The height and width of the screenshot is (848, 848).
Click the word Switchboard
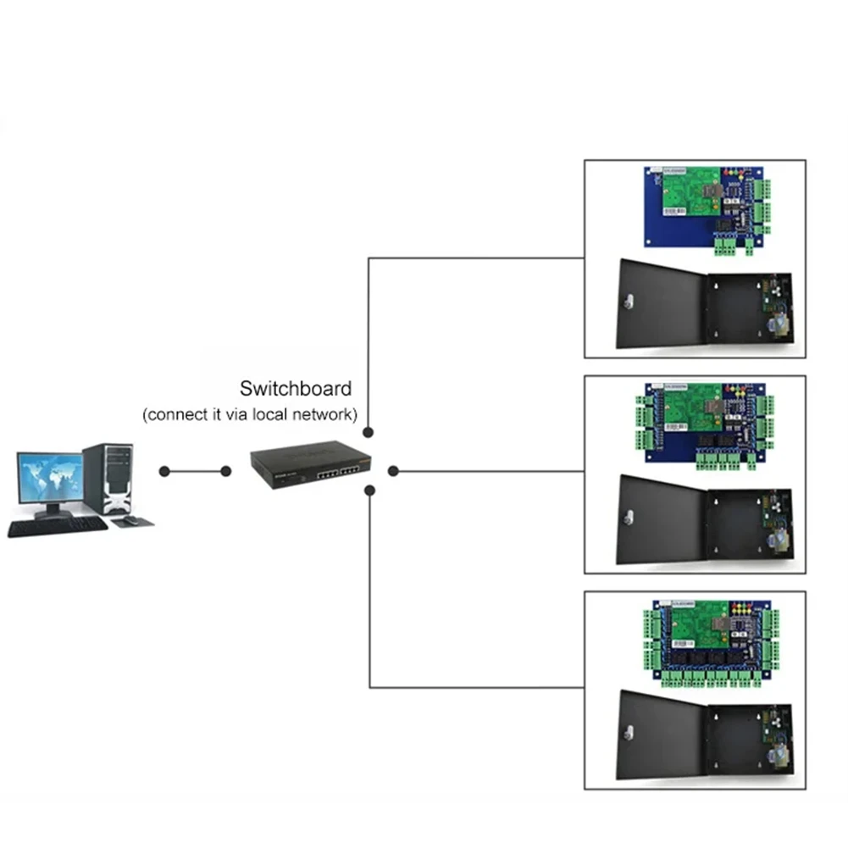point(295,390)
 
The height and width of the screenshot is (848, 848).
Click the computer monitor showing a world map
point(50,479)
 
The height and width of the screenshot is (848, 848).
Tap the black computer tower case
point(108,479)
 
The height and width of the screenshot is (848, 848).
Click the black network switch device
point(311,466)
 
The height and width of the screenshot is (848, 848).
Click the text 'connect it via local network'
point(250,415)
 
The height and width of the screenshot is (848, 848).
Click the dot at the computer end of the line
point(164,471)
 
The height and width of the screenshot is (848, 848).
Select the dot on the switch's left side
point(226,471)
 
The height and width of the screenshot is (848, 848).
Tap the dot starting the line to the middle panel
point(393,470)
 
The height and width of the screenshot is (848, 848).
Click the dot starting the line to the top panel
point(369,432)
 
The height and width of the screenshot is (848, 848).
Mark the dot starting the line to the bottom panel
point(369,489)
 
